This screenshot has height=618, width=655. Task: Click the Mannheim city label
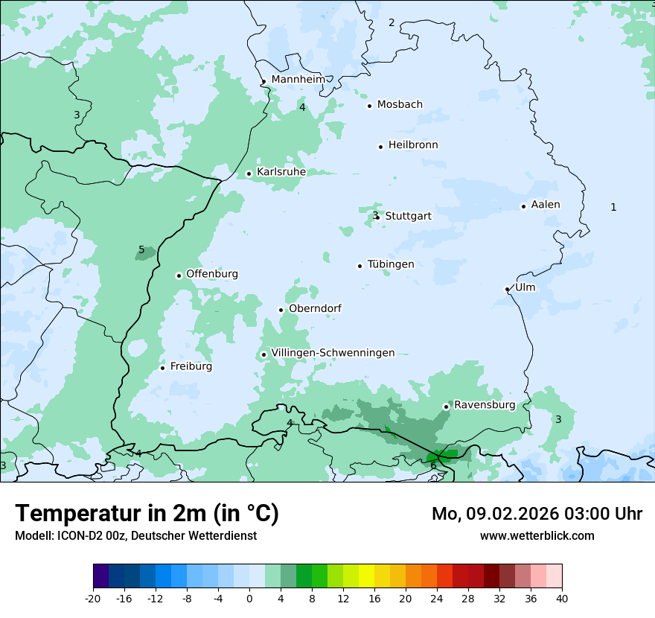(x=298, y=80)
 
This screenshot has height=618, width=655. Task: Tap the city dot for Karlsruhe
(x=249, y=173)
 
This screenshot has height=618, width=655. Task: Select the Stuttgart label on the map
(x=408, y=216)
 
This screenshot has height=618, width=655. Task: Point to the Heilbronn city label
(x=413, y=145)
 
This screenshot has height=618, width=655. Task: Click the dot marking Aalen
(x=523, y=206)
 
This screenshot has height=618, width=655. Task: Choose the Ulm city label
(x=525, y=287)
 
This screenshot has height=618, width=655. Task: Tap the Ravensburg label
(x=485, y=405)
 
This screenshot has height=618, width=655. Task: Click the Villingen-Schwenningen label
(x=333, y=353)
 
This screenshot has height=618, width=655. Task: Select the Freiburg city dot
(x=162, y=368)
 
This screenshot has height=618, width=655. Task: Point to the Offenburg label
(x=212, y=274)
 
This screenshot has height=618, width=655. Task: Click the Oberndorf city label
(x=315, y=308)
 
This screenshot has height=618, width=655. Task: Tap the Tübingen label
(x=391, y=264)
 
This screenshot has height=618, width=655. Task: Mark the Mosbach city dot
(x=369, y=106)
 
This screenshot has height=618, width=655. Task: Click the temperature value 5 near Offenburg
(x=141, y=250)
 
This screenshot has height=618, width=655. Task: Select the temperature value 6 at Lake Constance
(x=433, y=465)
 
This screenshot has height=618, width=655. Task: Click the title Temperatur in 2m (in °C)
(x=147, y=514)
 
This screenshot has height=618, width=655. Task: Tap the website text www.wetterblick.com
(x=537, y=535)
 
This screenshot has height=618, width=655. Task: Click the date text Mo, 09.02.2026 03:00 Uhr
(x=537, y=514)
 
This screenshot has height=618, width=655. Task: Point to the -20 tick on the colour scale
(x=93, y=598)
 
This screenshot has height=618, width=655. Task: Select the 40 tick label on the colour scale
(x=561, y=598)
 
